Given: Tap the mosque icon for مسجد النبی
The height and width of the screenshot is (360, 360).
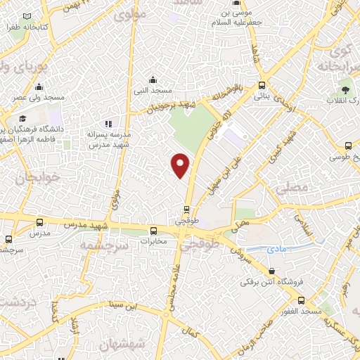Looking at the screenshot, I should point(153,79).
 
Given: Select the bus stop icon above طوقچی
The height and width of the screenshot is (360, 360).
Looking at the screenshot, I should point(186,209).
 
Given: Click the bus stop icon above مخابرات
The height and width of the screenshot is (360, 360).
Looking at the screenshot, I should point(153,230).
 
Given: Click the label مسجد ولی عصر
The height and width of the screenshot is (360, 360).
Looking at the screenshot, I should point(40,96).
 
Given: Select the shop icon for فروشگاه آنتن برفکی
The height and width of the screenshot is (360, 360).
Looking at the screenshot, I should point(271,271).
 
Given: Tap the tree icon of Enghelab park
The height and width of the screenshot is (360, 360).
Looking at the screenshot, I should point(345,89).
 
